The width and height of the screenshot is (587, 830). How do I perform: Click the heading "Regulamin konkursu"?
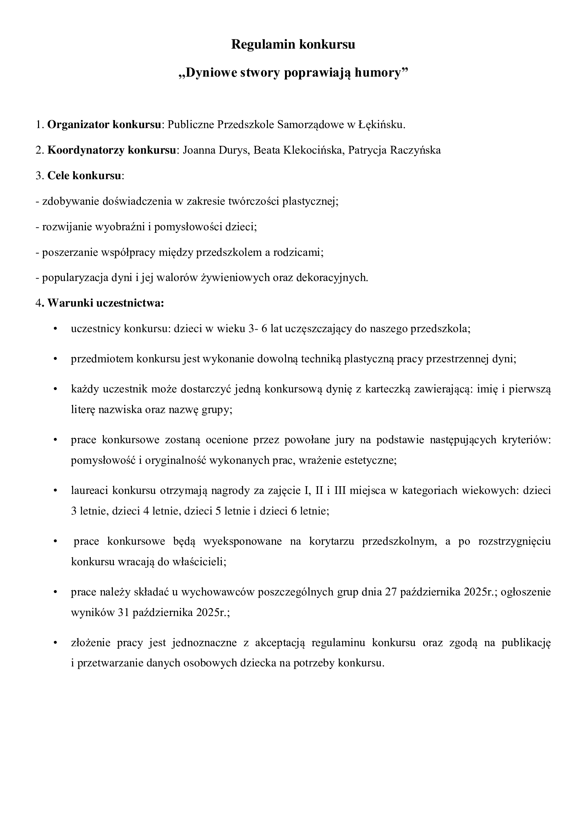(293, 44)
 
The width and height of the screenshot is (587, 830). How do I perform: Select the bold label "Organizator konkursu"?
(104, 125)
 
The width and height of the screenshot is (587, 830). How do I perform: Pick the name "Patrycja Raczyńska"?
(394, 150)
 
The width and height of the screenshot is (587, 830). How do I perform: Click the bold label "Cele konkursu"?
(84, 176)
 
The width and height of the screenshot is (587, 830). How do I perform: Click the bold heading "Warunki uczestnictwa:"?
(106, 303)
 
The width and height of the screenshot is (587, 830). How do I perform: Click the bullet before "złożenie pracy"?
(55, 643)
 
